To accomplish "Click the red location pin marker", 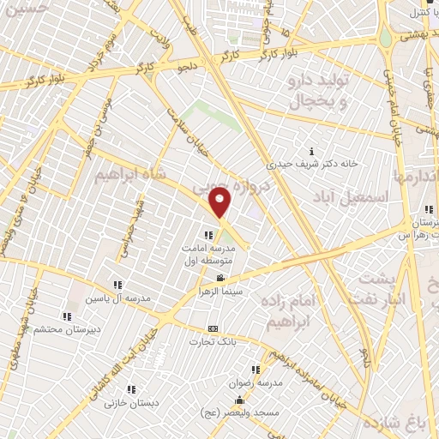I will (220, 204).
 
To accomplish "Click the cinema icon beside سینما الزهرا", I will (221, 278).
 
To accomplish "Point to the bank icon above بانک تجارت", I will (213, 329).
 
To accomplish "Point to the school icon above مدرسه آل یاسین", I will (117, 285).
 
